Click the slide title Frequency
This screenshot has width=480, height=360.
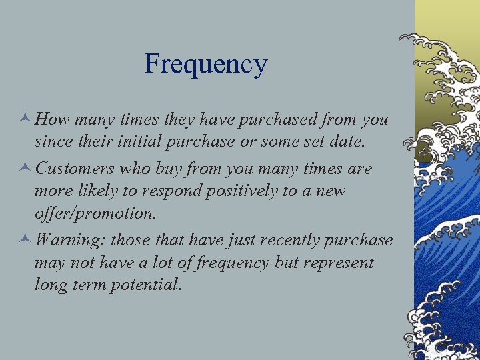206,65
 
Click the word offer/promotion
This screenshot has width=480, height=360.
95,214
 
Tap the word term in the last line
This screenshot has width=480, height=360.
84,285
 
